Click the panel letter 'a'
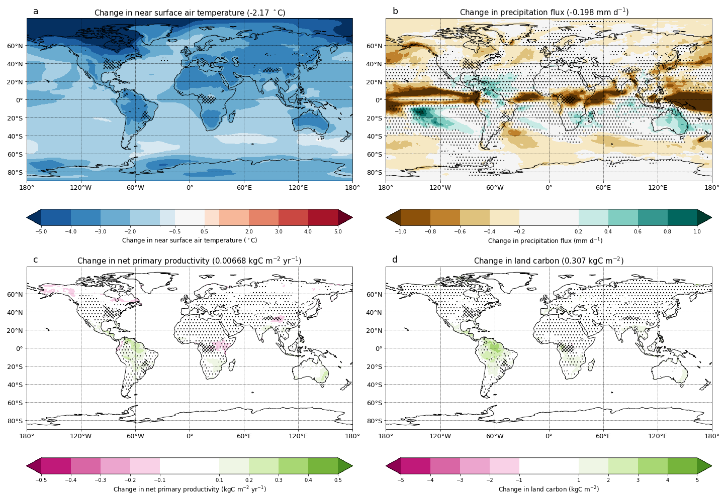36,11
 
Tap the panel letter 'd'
395,260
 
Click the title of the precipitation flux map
544,12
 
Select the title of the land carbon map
549,261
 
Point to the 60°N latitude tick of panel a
15,46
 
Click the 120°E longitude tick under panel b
658,188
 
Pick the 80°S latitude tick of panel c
15,421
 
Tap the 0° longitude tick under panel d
549,436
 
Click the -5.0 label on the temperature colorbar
41,231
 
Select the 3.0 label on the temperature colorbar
279,231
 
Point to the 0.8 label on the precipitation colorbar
668,231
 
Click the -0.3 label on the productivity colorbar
101,480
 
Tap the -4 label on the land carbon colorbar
430,480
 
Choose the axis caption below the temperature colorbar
190,240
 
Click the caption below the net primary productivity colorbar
190,489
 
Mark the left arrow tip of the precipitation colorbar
387,217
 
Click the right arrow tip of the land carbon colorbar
710,466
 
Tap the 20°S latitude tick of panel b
375,118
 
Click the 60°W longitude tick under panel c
135,436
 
